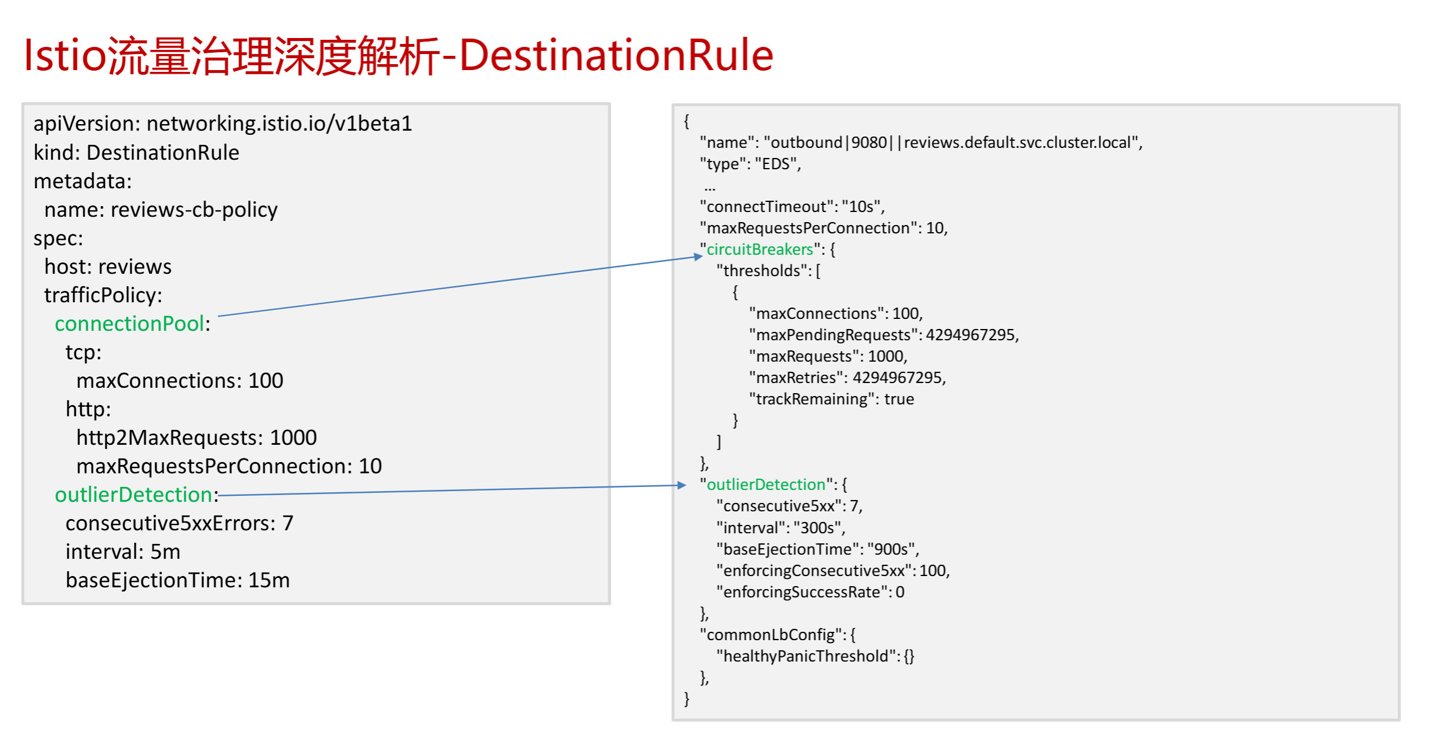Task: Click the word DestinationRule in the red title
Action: pyautogui.click(x=616, y=56)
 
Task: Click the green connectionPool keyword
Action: pyautogui.click(x=130, y=324)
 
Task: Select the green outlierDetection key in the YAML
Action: pyautogui.click(x=134, y=495)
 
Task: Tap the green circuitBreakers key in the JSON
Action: pyautogui.click(x=759, y=249)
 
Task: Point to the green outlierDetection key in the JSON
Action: pyautogui.click(x=766, y=485)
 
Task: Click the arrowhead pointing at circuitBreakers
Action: pyautogui.click(x=698, y=257)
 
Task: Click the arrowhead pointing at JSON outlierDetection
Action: pyautogui.click(x=682, y=485)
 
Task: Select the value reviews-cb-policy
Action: pyautogui.click(x=194, y=210)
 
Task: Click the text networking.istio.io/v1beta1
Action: pyautogui.click(x=279, y=124)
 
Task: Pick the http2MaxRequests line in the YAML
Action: pyautogui.click(x=196, y=438)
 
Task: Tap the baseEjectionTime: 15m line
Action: pyautogui.click(x=178, y=580)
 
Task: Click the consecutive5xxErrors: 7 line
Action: pyautogui.click(x=179, y=523)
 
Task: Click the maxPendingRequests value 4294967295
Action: pyautogui.click(x=971, y=335)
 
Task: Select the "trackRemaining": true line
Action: pyautogui.click(x=832, y=399)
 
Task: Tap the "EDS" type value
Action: pyautogui.click(x=776, y=164)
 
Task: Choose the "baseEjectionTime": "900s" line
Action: pyautogui.click(x=817, y=549)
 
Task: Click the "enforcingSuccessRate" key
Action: pyautogui.click(x=802, y=592)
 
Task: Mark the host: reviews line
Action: pyautogui.click(x=108, y=267)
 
